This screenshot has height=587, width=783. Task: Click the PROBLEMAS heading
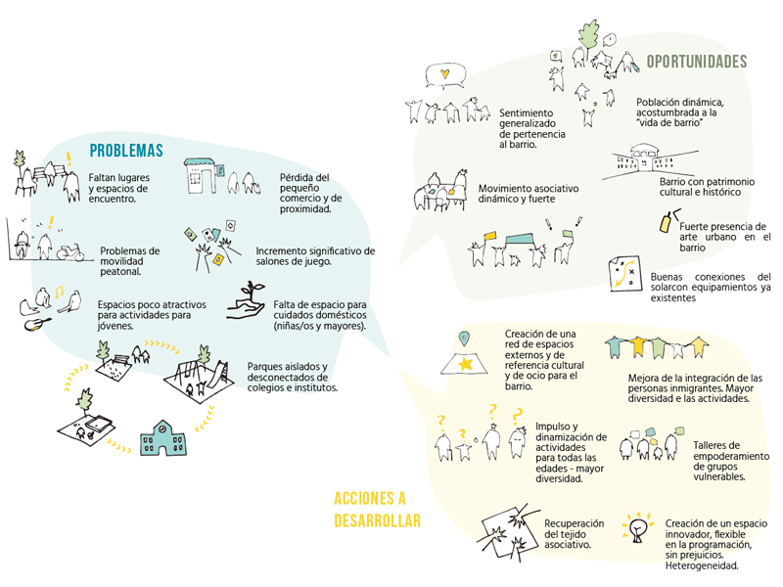click(126, 151)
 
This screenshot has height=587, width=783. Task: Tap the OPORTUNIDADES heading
click(697, 62)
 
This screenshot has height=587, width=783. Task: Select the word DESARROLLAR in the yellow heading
click(377, 520)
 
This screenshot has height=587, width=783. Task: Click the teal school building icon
click(163, 438)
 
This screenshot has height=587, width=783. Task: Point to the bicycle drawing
click(70, 252)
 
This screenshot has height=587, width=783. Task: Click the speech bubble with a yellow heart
click(445, 75)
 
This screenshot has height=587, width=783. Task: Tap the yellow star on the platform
click(466, 363)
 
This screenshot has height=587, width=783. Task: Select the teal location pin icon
click(464, 339)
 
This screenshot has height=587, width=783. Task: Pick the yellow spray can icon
click(666, 223)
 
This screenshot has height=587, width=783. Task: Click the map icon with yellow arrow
click(624, 274)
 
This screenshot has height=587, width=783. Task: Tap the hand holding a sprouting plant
click(247, 301)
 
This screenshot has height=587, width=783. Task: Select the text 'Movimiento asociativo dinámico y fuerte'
click(529, 194)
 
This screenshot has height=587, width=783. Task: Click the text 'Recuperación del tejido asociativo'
click(575, 534)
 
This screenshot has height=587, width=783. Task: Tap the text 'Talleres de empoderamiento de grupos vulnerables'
click(731, 461)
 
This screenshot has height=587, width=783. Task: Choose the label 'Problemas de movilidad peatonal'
click(130, 261)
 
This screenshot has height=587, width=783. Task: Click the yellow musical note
click(60, 292)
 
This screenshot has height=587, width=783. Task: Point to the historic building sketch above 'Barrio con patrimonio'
click(649, 159)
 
